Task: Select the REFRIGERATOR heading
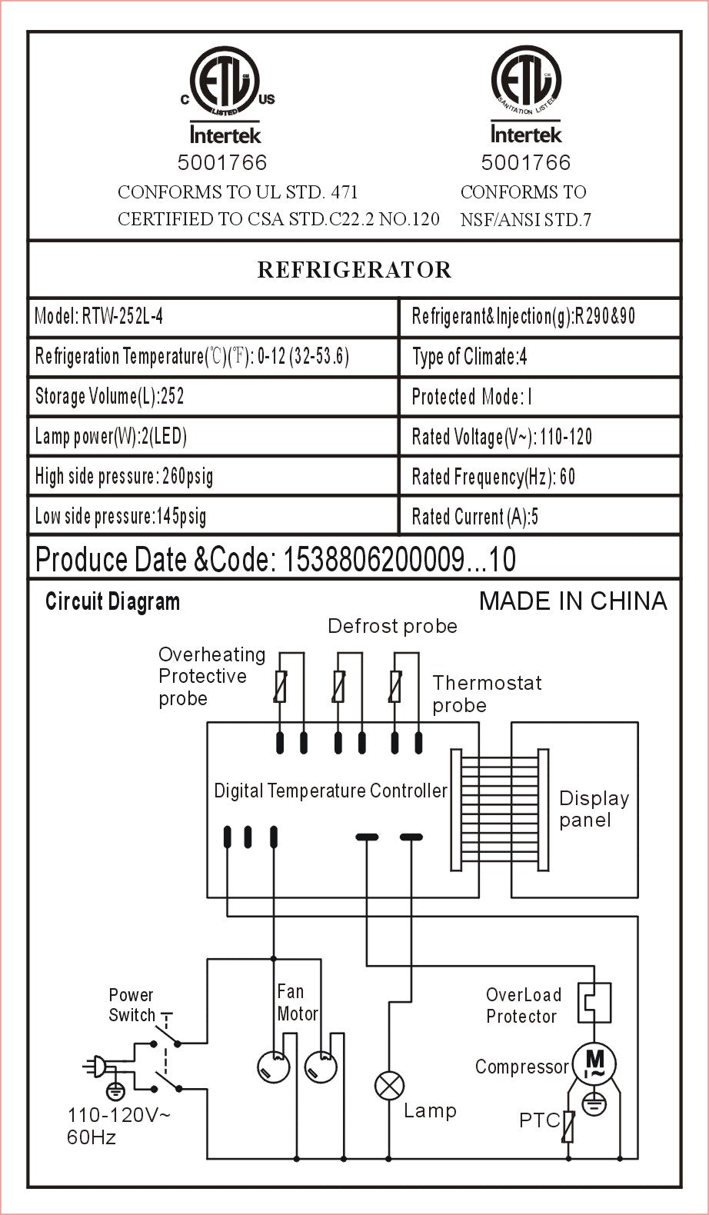coord(354,270)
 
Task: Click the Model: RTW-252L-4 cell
coord(213,317)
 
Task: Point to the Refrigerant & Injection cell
coord(539,317)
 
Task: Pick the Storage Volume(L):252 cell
coord(213,397)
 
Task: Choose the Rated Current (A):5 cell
coord(539,516)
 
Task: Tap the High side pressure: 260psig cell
coord(213,477)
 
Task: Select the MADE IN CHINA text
coord(573,601)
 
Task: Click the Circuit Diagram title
coord(112,602)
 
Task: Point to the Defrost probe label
coord(392,627)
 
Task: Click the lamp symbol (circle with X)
coord(389,1087)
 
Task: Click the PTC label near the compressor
coord(539,1120)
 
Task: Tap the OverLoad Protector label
coord(523,1005)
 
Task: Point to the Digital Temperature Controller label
coord(330,791)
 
